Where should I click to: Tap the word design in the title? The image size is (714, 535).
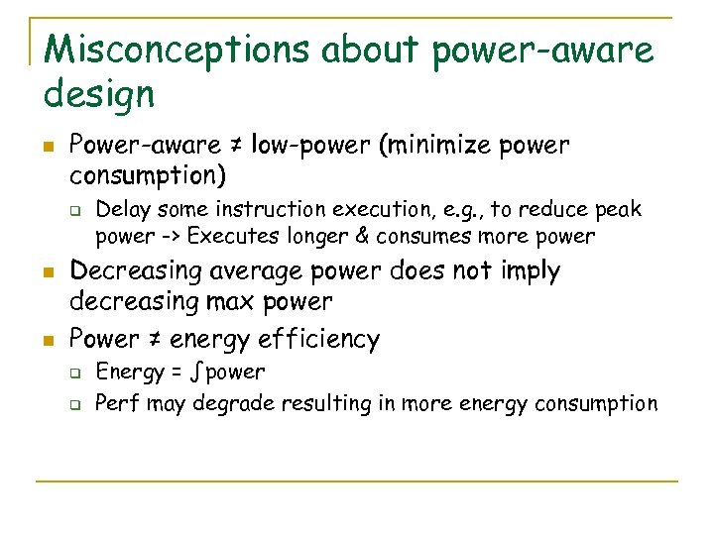(x=99, y=94)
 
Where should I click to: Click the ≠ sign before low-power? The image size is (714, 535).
(x=238, y=147)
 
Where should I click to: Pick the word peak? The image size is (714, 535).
(x=617, y=210)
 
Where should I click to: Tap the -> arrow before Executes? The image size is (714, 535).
(x=169, y=237)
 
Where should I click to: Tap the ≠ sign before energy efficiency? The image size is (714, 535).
(x=155, y=340)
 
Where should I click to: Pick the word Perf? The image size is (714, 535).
(x=115, y=403)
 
